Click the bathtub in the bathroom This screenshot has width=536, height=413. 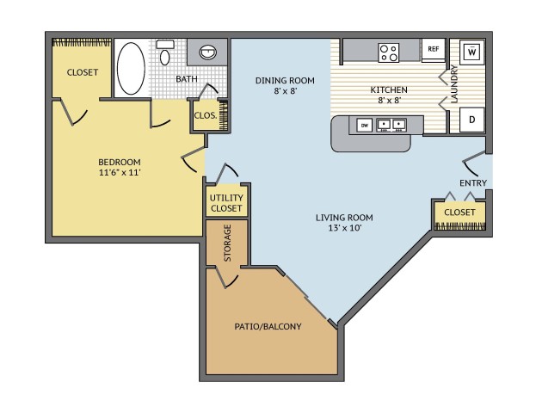(131, 68)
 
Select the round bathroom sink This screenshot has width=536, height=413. (208, 52)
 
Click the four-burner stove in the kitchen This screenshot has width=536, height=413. (389, 52)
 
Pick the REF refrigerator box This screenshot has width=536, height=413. (433, 50)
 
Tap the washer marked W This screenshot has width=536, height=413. (472, 52)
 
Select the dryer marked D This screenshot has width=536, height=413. (472, 120)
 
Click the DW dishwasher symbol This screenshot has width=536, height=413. (365, 126)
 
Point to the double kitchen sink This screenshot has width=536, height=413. (391, 125)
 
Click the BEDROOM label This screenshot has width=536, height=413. (120, 162)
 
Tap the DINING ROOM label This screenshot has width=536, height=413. (285, 81)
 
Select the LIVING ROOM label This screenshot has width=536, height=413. (344, 218)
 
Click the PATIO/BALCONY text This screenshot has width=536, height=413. (268, 326)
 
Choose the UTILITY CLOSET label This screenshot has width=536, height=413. (226, 203)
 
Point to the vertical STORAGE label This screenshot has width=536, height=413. (227, 243)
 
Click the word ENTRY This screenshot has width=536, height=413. (473, 183)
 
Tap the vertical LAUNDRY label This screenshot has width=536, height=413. (454, 83)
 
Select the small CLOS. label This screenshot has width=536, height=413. (206, 115)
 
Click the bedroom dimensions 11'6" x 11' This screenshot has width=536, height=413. (120, 172)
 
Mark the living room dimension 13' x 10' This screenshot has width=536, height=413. (345, 228)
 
